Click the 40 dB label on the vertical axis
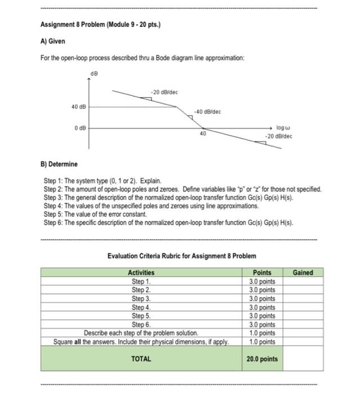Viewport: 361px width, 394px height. pyautogui.click(x=78, y=106)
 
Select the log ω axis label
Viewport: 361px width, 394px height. pyautogui.click(x=283, y=129)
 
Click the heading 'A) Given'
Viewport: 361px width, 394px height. pyautogui.click(x=53, y=41)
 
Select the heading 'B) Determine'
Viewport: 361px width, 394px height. pyautogui.click(x=59, y=164)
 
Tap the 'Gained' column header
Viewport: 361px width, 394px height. pyautogui.click(x=303, y=272)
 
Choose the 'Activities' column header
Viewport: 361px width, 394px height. pyautogui.click(x=141, y=272)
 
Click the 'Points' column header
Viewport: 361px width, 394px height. pyautogui.click(x=262, y=272)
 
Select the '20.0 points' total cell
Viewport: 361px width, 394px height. pyautogui.click(x=262, y=359)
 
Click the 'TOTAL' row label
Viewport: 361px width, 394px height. pyautogui.click(x=141, y=358)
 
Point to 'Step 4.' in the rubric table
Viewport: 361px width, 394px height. pyautogui.click(x=141, y=307)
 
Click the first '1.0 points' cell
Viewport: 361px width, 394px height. pyautogui.click(x=262, y=333)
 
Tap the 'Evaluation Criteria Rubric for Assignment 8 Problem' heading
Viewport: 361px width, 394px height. pyautogui.click(x=181, y=256)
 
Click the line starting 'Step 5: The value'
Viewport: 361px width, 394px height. pyautogui.click(x=96, y=214)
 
